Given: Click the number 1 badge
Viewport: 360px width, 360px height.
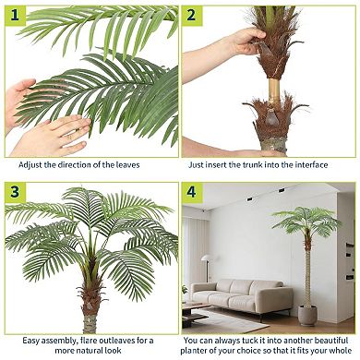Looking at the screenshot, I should [x=14, y=14].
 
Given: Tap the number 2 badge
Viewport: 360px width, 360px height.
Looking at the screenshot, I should [x=191, y=14].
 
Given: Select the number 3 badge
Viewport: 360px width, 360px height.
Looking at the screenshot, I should [x=14, y=193].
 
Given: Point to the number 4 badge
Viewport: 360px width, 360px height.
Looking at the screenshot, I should [x=191, y=193].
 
